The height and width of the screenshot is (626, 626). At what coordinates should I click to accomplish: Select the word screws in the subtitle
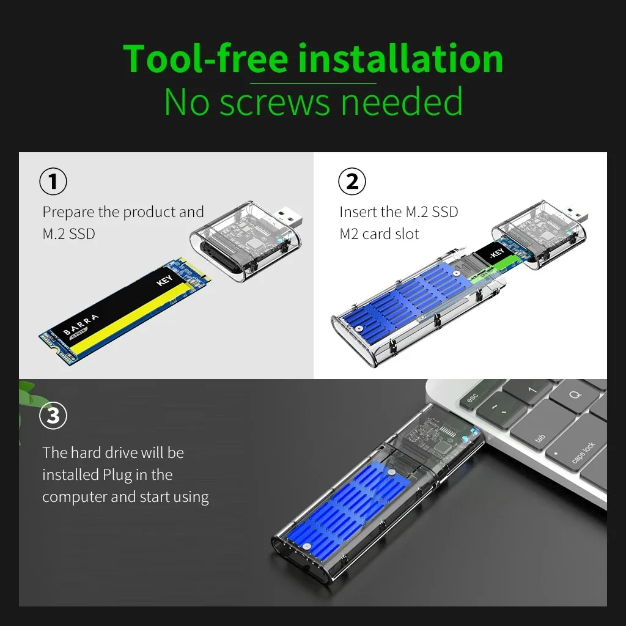tap(276, 102)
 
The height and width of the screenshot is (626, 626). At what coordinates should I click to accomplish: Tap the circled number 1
tap(53, 182)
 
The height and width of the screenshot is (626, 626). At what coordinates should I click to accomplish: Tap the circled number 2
tap(352, 182)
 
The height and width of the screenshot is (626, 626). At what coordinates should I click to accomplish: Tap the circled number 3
tap(53, 416)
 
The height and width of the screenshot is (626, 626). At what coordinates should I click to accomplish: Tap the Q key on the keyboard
tap(575, 395)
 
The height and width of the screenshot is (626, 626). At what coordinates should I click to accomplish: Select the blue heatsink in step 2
tap(403, 300)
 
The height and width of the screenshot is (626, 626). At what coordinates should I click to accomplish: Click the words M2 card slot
tap(379, 234)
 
